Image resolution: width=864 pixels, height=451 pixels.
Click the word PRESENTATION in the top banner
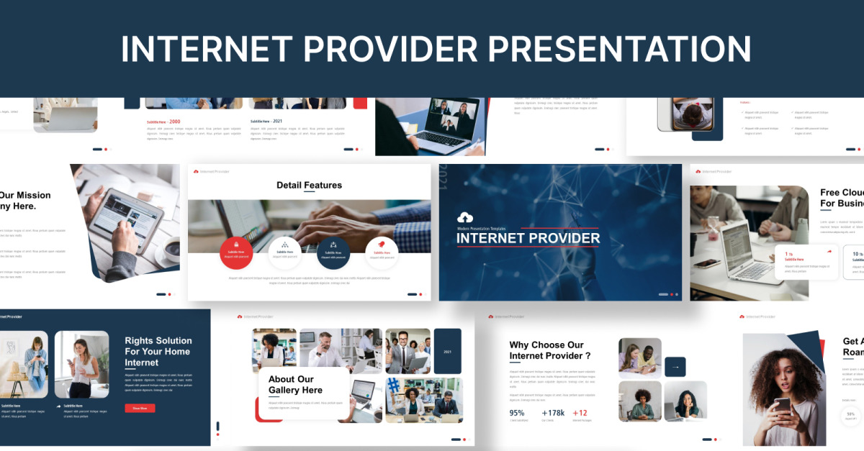tap(620, 49)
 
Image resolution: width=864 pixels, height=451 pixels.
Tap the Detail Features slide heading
tap(309, 185)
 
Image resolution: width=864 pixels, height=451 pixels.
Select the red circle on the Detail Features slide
tap(236, 252)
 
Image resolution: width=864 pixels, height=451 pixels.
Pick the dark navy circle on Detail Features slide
tap(333, 252)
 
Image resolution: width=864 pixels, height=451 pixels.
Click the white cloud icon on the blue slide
tap(465, 217)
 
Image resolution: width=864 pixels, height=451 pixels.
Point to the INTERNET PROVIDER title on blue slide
tap(528, 238)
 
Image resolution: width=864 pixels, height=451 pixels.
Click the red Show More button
tap(140, 408)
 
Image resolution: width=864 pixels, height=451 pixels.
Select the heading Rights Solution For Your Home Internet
tap(158, 351)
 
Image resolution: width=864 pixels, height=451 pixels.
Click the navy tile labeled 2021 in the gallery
tap(447, 351)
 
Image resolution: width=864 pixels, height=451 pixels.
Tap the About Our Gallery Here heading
tap(295, 385)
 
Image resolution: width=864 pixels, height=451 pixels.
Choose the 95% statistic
tap(517, 413)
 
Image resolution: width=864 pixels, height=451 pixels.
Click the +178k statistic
tap(553, 413)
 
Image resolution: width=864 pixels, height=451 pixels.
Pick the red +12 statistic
tap(580, 413)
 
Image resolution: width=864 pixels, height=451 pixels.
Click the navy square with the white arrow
tap(675, 367)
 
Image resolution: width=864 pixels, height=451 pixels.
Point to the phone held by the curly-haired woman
tap(782, 405)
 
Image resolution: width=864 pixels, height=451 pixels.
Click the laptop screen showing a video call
tap(452, 115)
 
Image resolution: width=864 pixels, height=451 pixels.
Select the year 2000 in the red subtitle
tap(175, 122)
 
